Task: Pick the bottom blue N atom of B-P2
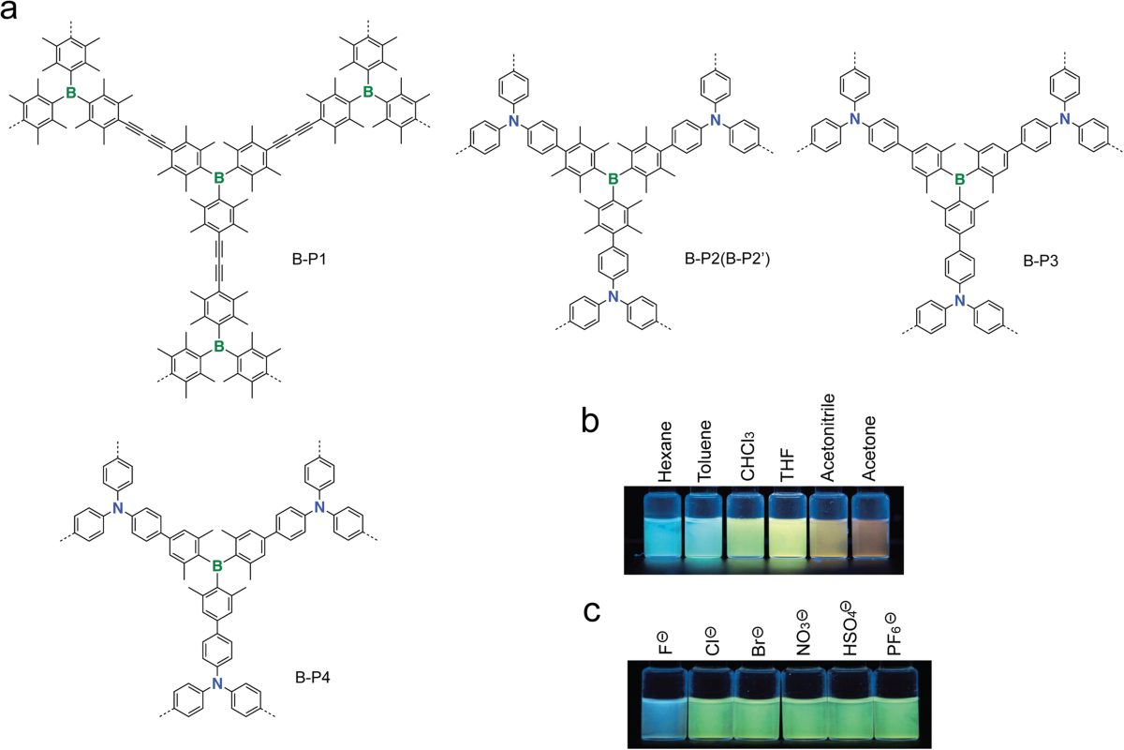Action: (x=614, y=296)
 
